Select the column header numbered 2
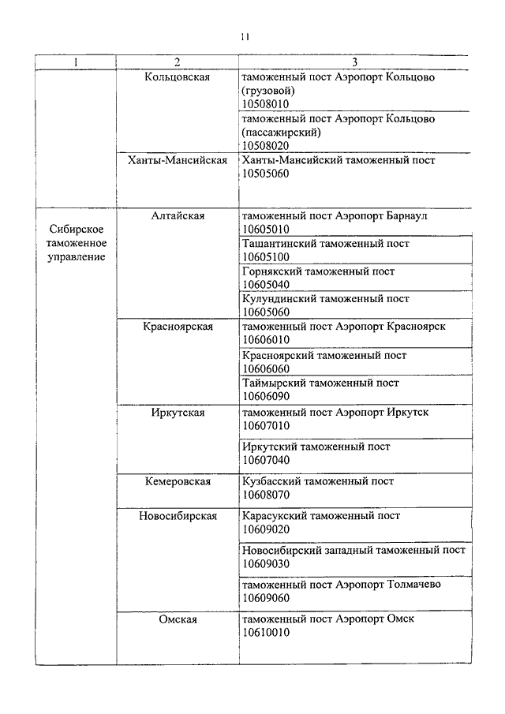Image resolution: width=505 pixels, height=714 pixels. (x=178, y=62)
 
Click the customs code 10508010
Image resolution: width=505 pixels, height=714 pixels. (x=266, y=103)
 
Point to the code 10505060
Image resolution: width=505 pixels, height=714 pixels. (x=266, y=174)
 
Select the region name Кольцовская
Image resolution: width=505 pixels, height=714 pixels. (x=178, y=77)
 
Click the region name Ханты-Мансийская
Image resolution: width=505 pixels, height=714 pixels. (x=178, y=160)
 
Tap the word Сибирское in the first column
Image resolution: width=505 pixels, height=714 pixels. (x=77, y=229)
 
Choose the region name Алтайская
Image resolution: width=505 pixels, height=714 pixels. (x=178, y=215)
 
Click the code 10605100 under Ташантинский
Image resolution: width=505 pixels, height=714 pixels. (x=266, y=257)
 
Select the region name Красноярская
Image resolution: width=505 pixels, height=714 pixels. (x=178, y=327)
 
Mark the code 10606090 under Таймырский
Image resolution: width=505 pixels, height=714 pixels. (x=266, y=396)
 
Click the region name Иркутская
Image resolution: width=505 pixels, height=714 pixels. (x=178, y=412)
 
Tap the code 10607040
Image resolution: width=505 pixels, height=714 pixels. (x=266, y=460)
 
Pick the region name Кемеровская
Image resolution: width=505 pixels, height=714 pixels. (x=178, y=481)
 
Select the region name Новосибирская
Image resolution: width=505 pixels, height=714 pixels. (x=178, y=516)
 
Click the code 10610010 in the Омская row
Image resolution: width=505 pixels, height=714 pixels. (x=266, y=633)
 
